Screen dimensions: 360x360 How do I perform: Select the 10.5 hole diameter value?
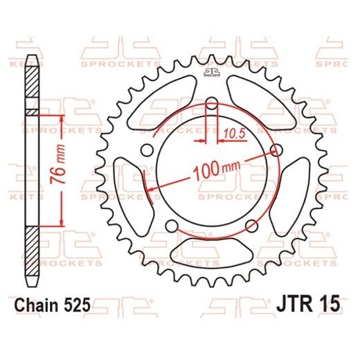[x=235, y=129]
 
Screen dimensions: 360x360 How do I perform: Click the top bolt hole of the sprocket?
[x=213, y=107]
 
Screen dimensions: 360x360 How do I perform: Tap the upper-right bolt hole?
[x=278, y=152]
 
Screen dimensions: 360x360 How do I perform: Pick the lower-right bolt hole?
[x=253, y=224]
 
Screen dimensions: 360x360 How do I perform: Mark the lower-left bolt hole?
[x=172, y=224]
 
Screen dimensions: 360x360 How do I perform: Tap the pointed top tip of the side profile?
[x=32, y=55]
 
